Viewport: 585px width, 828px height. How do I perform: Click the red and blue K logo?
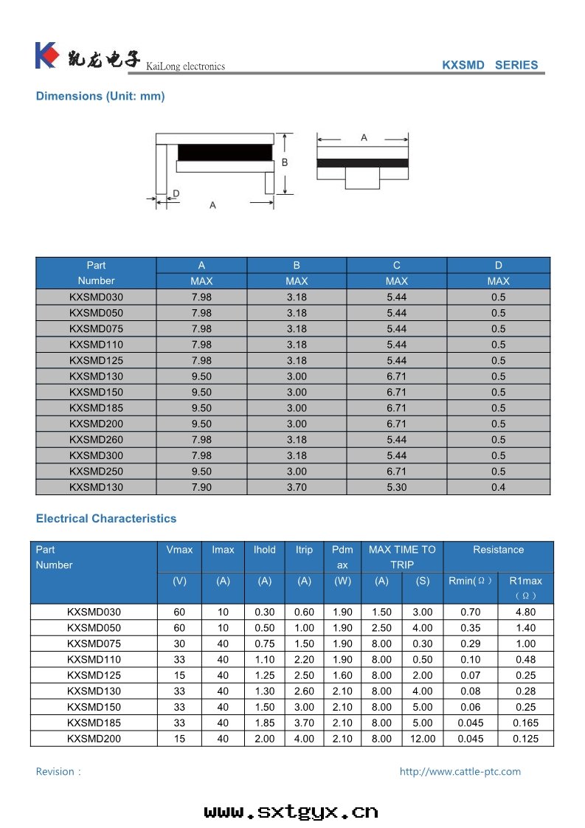[46, 55]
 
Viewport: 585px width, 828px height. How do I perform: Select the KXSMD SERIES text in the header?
[490, 65]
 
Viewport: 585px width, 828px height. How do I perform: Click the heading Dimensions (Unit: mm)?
[100, 96]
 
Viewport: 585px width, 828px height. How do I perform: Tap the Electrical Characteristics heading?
[106, 519]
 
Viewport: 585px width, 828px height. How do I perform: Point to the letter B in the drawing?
[284, 162]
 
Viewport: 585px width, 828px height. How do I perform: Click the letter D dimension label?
[176, 193]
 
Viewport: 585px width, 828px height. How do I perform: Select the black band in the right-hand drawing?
[362, 162]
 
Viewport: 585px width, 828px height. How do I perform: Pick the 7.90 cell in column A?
[201, 487]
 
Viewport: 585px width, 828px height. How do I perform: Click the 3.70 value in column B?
[297, 487]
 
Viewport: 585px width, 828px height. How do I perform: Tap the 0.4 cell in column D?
[499, 487]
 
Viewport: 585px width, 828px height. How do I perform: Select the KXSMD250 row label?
[96, 472]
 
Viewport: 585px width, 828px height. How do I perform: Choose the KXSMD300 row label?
[96, 455]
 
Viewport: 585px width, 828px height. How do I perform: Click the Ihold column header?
[264, 550]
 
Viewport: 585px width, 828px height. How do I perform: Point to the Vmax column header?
[180, 550]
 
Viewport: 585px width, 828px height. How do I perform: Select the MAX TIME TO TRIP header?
[402, 557]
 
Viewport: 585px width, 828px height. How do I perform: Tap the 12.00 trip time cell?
[423, 739]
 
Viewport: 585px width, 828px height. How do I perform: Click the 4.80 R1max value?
[525, 612]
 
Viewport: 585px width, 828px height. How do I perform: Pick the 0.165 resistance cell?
[525, 723]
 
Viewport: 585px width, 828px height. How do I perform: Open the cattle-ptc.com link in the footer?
[460, 772]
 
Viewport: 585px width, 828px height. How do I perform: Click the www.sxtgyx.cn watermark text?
[291, 812]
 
